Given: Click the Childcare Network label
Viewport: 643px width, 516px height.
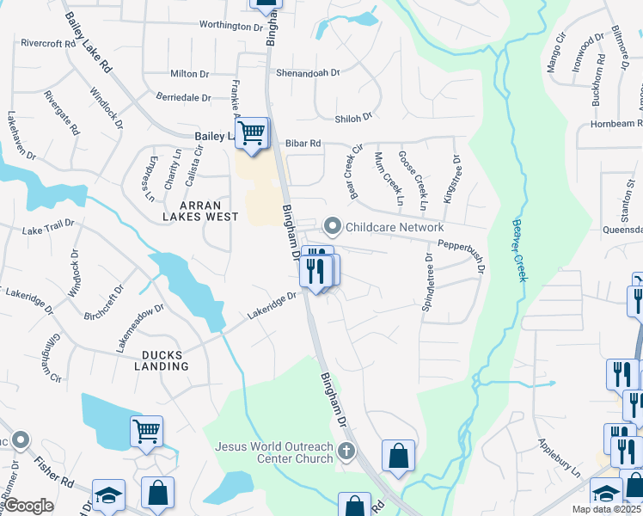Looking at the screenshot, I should (394, 227).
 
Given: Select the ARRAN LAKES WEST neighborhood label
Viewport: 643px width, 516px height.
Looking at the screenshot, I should (200, 211).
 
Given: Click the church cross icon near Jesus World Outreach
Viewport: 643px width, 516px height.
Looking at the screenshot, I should (346, 451).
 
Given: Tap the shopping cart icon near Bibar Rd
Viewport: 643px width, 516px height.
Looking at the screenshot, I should (252, 133).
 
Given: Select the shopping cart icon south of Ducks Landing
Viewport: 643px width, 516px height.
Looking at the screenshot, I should (146, 431).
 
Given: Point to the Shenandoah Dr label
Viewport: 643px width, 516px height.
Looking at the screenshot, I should (309, 74).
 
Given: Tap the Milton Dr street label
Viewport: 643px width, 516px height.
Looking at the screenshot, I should (190, 75).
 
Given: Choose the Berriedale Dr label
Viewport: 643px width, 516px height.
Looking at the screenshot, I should (183, 98).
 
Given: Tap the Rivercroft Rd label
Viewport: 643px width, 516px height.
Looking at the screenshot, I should (48, 43).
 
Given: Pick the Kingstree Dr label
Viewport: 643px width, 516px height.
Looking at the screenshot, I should (451, 179).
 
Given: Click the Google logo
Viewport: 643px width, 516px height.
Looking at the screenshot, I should (29, 506).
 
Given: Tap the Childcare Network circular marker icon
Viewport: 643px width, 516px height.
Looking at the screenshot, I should (333, 227).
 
